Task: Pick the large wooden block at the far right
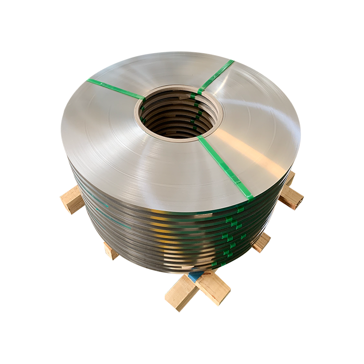point(291,196)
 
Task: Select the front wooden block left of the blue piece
point(180,293)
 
